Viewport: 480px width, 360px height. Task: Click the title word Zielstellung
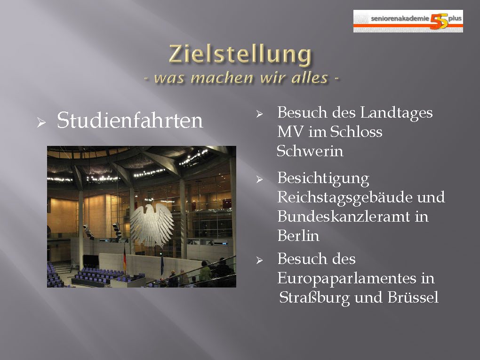[x=240, y=55]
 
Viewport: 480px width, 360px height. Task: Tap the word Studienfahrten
[x=130, y=120]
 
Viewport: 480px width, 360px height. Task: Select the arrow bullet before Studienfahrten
[x=41, y=123]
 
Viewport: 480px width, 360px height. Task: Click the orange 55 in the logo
[x=439, y=21]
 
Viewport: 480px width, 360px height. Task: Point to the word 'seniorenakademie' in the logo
[x=400, y=18]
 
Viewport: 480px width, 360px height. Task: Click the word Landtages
[x=396, y=113]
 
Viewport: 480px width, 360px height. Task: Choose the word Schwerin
[x=310, y=151]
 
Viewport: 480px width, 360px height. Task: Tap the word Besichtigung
[x=323, y=179]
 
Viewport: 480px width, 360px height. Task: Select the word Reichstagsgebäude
[x=344, y=198]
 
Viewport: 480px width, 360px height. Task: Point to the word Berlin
[x=298, y=236]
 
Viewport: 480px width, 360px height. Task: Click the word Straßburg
[x=314, y=298]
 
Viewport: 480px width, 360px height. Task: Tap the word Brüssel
[x=413, y=297]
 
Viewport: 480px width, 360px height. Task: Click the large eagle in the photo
[x=152, y=224]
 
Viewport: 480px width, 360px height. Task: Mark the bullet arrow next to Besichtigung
[x=259, y=179]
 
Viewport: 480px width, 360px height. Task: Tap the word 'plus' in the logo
[x=455, y=19]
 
